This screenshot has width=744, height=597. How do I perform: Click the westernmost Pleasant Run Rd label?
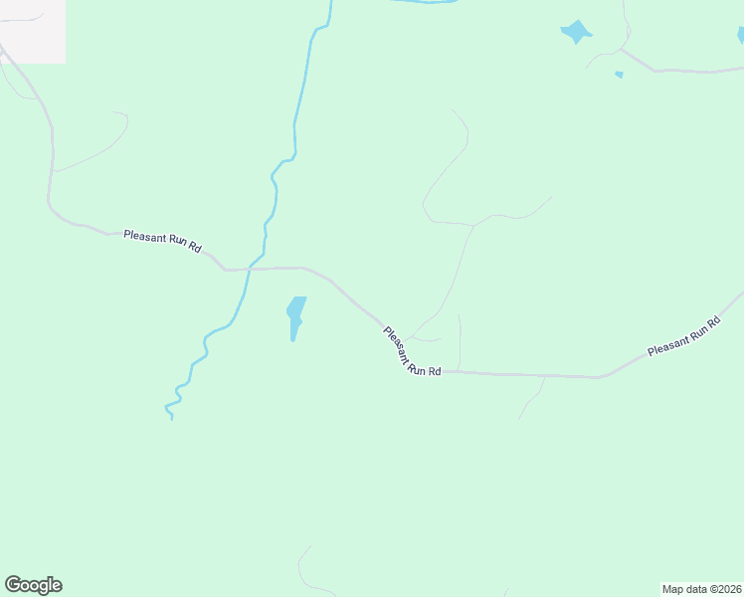[162, 240]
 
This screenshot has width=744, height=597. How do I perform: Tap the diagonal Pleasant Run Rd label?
[411, 351]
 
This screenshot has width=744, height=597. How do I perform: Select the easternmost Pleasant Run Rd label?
[683, 336]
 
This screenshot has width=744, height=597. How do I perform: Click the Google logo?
[33, 585]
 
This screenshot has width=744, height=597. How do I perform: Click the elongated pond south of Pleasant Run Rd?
[295, 315]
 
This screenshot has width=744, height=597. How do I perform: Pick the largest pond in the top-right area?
[576, 32]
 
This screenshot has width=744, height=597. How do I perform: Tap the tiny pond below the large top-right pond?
[619, 75]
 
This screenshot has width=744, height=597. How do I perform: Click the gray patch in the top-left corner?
[32, 30]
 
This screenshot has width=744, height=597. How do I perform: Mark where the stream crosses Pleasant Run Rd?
[249, 269]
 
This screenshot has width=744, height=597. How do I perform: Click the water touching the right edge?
[740, 36]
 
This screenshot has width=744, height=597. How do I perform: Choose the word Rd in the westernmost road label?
[195, 246]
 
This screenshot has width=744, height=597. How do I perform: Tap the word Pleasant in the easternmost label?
[668, 343]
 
